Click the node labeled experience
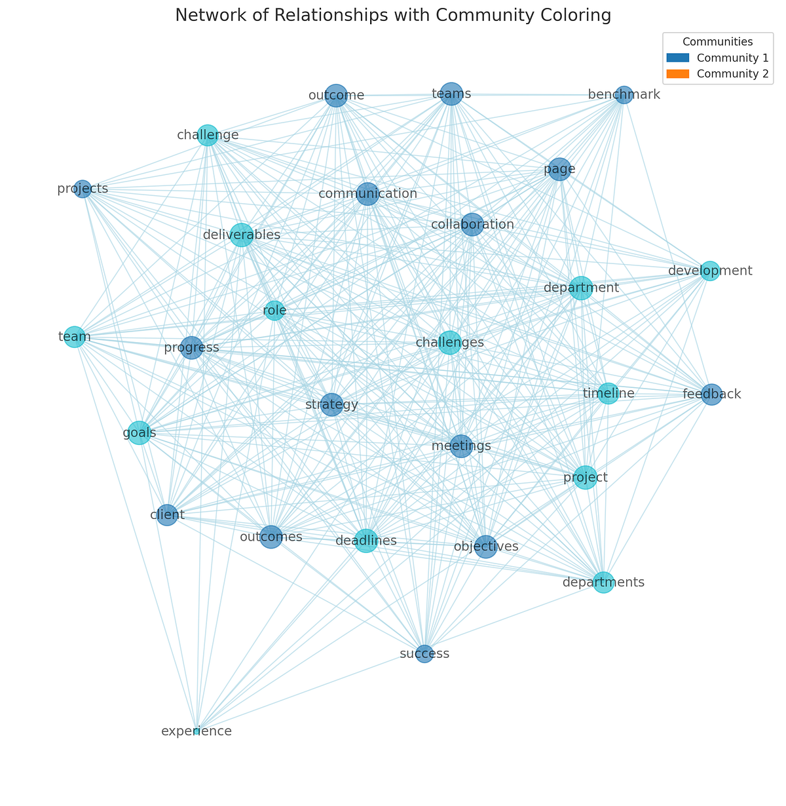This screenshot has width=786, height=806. click(196, 731)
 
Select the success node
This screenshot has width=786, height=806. click(424, 654)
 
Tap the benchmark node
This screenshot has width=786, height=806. click(624, 95)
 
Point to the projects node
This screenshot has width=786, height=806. click(82, 189)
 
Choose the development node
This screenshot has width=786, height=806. click(710, 271)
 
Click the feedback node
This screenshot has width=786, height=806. click(711, 394)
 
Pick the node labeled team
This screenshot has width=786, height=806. click(75, 337)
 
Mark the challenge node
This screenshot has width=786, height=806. click(208, 135)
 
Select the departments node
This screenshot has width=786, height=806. click(604, 582)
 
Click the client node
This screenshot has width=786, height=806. click(167, 515)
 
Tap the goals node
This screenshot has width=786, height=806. click(139, 433)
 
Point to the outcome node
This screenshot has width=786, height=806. click(336, 96)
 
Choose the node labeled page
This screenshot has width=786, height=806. click(559, 170)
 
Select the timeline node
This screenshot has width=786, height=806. click(608, 393)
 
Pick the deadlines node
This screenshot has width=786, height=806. click(366, 541)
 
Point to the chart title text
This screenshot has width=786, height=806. click(393, 16)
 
